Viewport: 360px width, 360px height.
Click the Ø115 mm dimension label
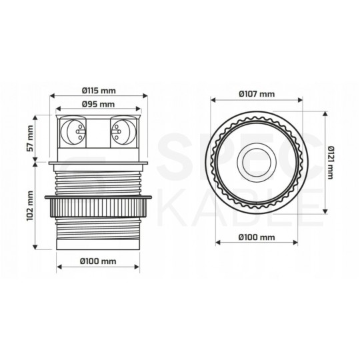[x=98, y=91]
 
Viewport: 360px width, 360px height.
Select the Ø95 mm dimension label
[x=98, y=105]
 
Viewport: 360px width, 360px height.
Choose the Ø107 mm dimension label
[x=257, y=94]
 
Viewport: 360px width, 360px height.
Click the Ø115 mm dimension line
[x=98, y=97]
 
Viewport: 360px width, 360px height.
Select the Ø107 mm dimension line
[x=257, y=101]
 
